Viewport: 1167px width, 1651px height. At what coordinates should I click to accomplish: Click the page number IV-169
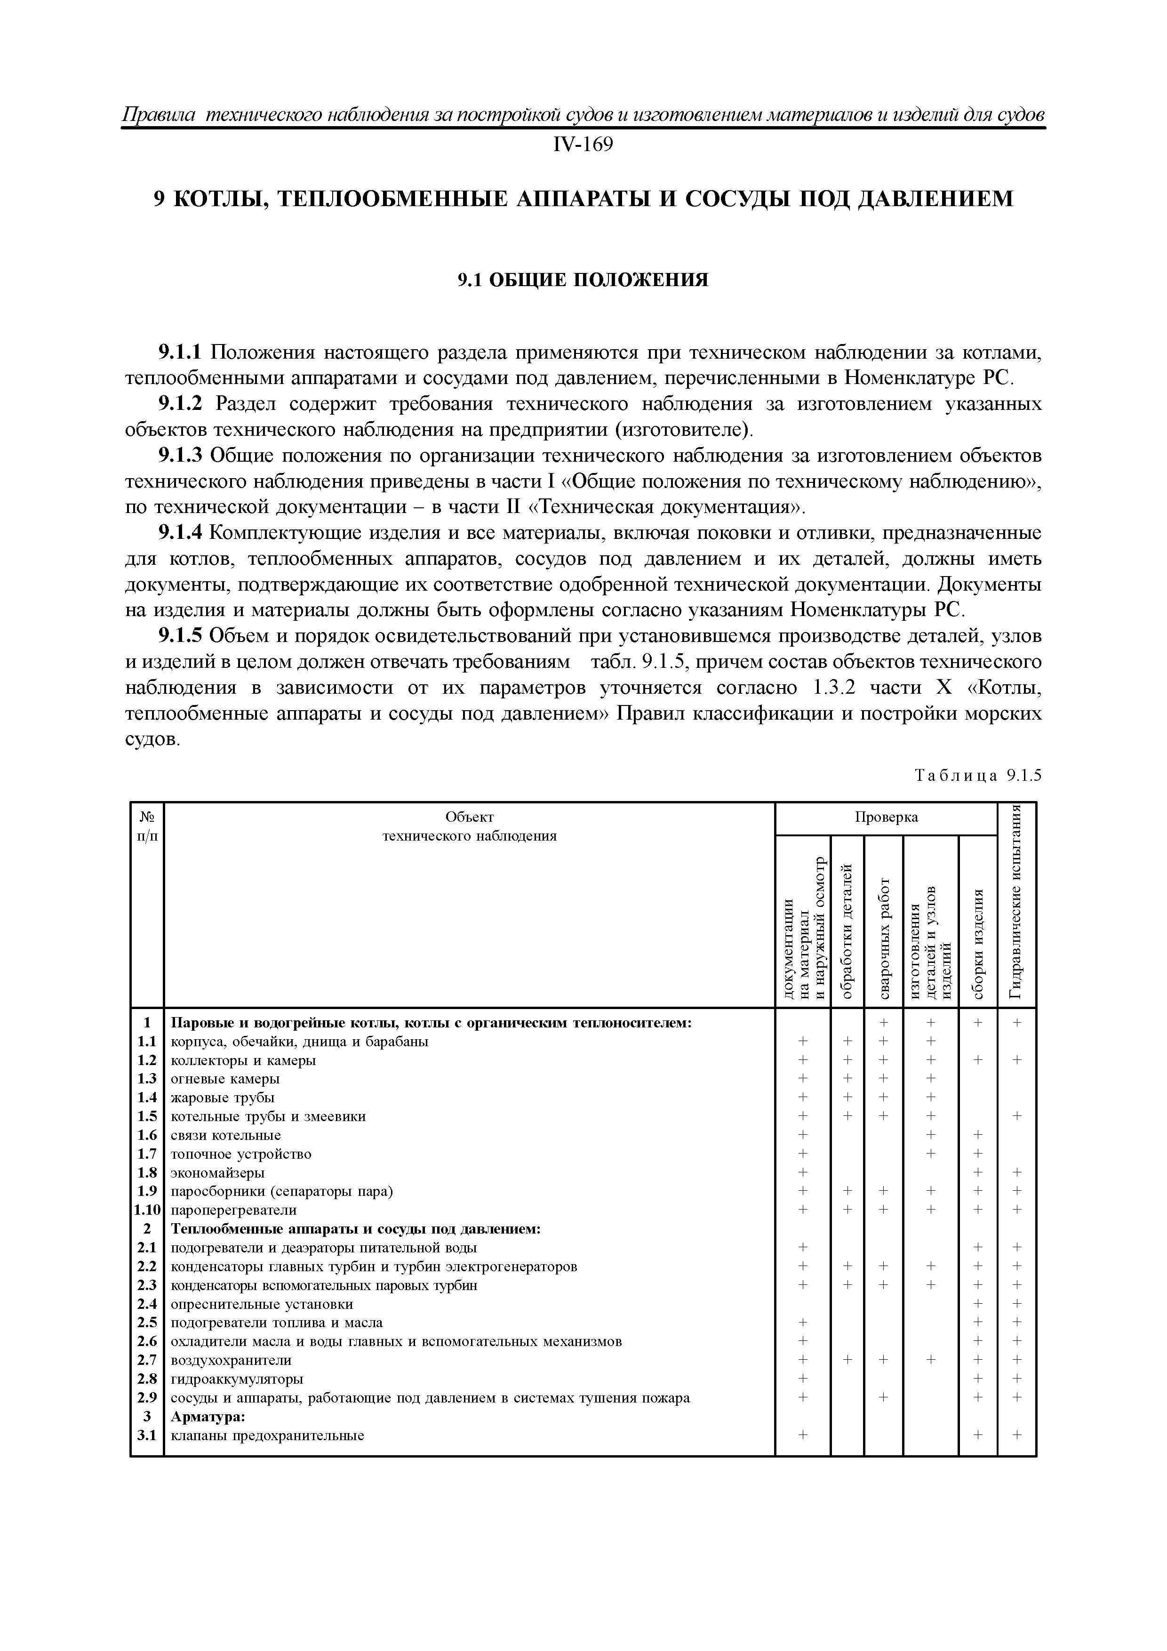pyautogui.click(x=583, y=145)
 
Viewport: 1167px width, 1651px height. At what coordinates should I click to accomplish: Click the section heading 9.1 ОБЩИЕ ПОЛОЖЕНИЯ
pyautogui.click(x=583, y=279)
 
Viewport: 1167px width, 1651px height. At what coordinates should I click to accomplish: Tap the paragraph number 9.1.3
pyautogui.click(x=181, y=456)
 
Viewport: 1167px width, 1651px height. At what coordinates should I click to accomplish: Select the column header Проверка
pyautogui.click(x=886, y=817)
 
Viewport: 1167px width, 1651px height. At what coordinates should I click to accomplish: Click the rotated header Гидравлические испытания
pyautogui.click(x=1016, y=904)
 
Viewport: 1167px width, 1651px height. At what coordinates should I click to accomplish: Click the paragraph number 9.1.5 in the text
pyautogui.click(x=181, y=636)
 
